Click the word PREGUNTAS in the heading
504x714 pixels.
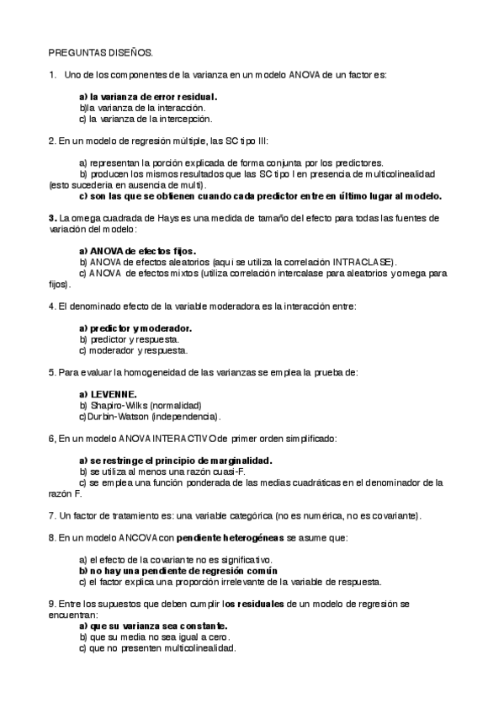[73, 52]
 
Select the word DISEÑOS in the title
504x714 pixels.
[127, 52]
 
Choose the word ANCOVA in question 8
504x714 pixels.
[135, 536]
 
